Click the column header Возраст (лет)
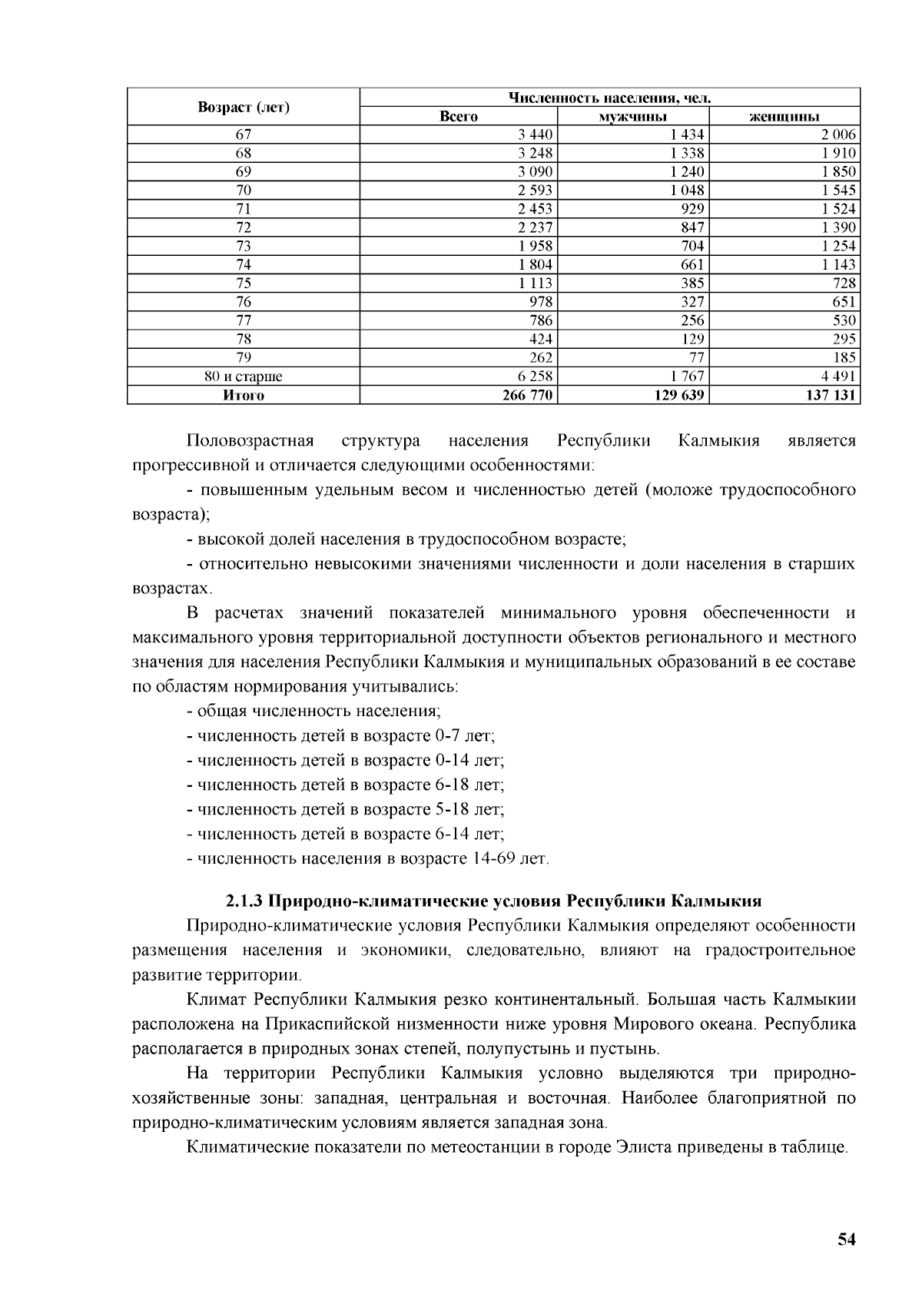pyautogui.click(x=244, y=107)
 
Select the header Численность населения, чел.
pyautogui.click(x=609, y=98)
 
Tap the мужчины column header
pyautogui.click(x=632, y=117)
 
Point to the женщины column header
pyautogui.click(x=784, y=117)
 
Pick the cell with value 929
pyautogui.click(x=691, y=209)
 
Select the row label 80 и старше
pyautogui.click(x=244, y=377)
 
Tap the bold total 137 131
pyautogui.click(x=831, y=395)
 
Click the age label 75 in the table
pyautogui.click(x=244, y=284)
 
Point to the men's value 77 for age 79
pyautogui.click(x=696, y=358)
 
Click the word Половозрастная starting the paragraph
pyautogui.click(x=250, y=441)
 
